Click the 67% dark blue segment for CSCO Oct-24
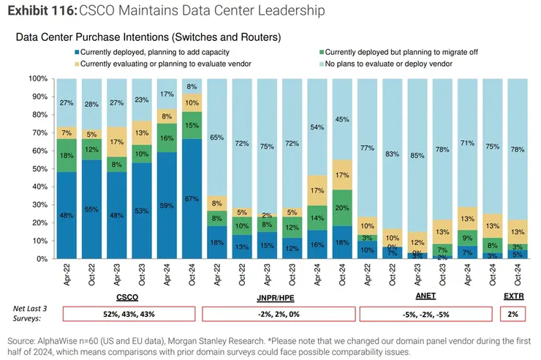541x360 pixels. coord(192,199)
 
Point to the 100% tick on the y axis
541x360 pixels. coord(39,78)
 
